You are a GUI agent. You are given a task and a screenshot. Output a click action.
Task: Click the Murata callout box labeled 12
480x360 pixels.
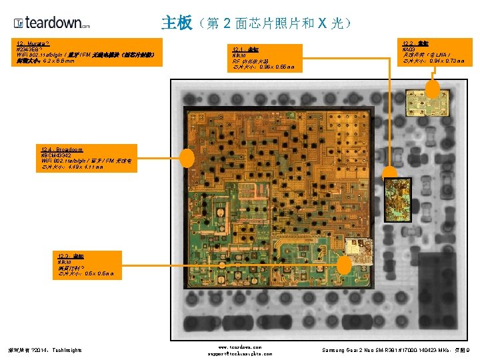coord(89,53)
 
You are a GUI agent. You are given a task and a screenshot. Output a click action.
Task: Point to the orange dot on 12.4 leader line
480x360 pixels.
coord(187,158)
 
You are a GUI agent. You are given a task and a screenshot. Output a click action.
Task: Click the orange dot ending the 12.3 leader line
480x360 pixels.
coord(345,265)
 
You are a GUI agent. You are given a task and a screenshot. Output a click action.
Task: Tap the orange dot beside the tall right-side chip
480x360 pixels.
coord(389,171)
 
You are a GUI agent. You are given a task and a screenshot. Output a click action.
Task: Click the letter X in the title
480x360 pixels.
coord(322,23)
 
